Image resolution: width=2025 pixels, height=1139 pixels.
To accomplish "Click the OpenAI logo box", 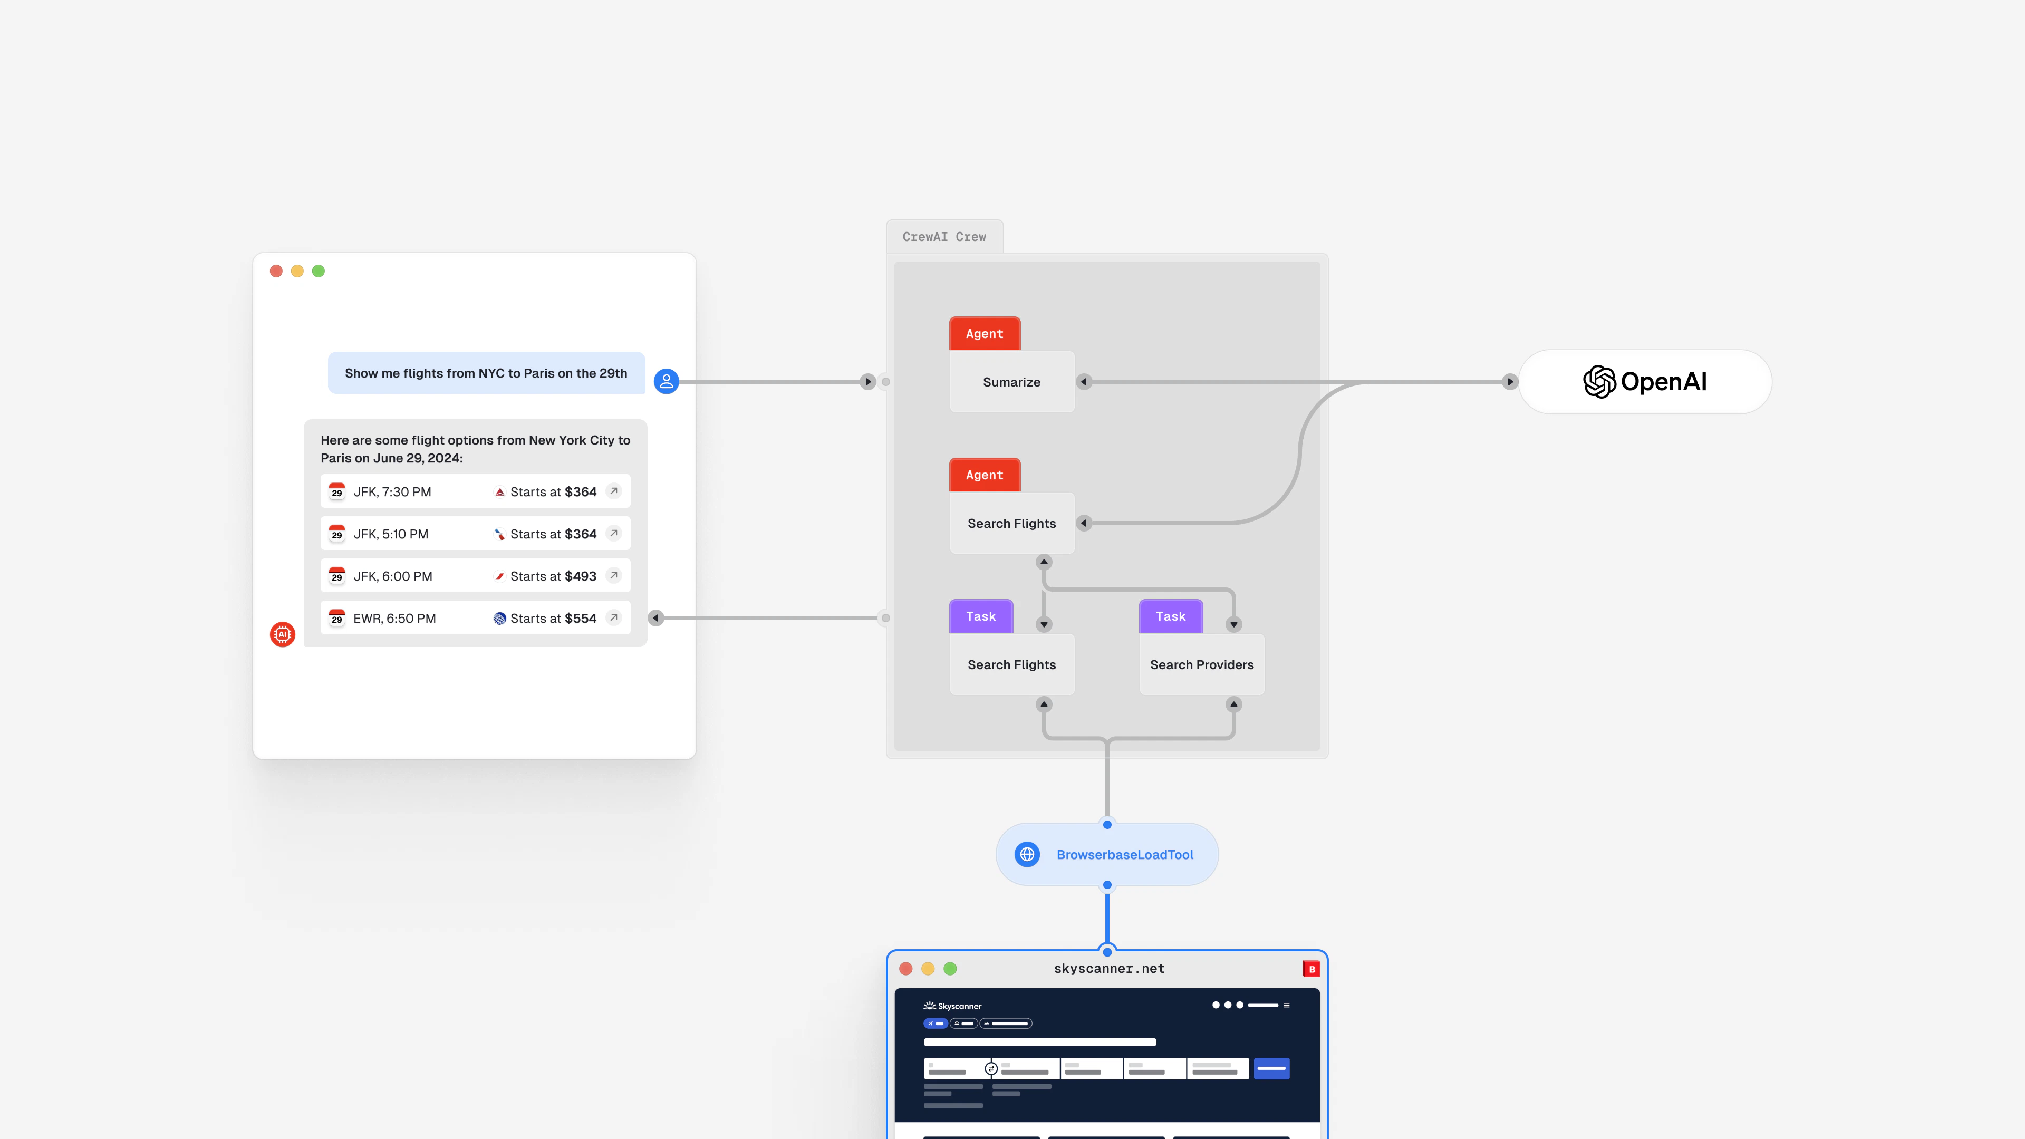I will [1645, 382].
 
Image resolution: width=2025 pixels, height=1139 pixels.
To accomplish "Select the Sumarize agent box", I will [1012, 382].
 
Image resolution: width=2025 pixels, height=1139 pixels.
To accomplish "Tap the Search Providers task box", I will [1201, 665].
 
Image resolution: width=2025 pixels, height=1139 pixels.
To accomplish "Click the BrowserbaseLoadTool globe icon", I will [1027, 854].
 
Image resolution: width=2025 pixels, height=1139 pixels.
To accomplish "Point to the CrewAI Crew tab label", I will [944, 237].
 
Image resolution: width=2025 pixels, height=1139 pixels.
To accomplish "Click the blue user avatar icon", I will [666, 381].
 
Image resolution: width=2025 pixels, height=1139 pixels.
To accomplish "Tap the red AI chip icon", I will [282, 634].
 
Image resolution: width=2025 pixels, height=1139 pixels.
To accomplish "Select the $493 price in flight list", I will [580, 576].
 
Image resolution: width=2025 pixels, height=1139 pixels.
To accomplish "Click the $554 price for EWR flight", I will [580, 619].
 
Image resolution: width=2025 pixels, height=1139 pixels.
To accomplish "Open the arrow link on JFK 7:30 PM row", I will [614, 491].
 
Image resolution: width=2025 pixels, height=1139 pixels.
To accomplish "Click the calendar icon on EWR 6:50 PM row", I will [336, 618].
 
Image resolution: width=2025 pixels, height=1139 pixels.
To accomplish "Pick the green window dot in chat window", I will [319, 271].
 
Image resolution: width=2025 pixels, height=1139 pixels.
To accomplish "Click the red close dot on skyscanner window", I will [905, 969].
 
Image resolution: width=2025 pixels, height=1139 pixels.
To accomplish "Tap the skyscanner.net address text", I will [1109, 969].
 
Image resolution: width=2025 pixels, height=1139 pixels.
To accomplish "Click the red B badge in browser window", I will [1310, 969].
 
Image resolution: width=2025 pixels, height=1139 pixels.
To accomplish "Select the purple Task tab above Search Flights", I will [981, 616].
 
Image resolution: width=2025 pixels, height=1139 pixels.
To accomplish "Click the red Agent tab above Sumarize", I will [984, 333].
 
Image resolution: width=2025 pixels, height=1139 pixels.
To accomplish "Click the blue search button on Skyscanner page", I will [1271, 1068].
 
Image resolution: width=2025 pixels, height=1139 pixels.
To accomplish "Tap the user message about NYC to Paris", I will [486, 373].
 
